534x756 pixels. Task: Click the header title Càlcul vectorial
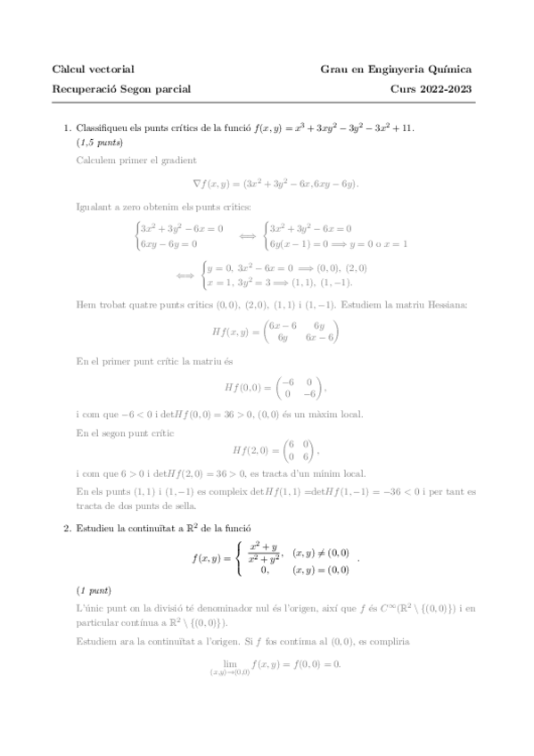94,69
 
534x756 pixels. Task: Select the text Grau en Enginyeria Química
396,69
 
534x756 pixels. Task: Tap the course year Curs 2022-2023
431,88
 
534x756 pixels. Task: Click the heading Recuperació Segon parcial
122,88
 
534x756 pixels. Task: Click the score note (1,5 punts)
99,143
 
